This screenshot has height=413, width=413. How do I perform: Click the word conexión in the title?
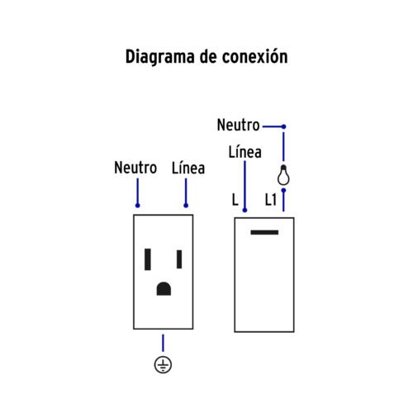(x=255, y=56)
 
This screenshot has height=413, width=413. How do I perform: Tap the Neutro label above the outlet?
(x=135, y=168)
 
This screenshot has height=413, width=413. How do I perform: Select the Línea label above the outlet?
(x=188, y=168)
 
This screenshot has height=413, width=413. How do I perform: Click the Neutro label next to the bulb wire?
(x=239, y=125)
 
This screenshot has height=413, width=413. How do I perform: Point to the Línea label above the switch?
(x=245, y=151)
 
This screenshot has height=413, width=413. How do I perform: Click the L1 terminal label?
(x=271, y=200)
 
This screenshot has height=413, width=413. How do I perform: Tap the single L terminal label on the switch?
(x=235, y=200)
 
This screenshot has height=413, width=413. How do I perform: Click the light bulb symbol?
(x=283, y=175)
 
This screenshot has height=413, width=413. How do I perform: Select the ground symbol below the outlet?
(x=163, y=365)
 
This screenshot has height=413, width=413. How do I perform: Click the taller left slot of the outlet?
(x=148, y=259)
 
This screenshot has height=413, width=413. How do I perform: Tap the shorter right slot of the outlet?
(x=179, y=259)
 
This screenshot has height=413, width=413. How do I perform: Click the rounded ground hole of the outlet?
(x=164, y=288)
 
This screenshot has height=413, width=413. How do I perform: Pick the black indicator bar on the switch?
(x=264, y=232)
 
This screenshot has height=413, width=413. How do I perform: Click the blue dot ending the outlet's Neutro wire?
(x=138, y=206)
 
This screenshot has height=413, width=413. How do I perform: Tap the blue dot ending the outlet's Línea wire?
(x=186, y=206)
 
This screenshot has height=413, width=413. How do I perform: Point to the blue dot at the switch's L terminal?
(x=244, y=210)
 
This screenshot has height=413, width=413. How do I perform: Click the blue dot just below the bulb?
(x=283, y=190)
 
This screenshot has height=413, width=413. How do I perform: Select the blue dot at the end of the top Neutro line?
(x=283, y=126)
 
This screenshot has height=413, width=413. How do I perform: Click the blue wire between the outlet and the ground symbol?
(x=163, y=343)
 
